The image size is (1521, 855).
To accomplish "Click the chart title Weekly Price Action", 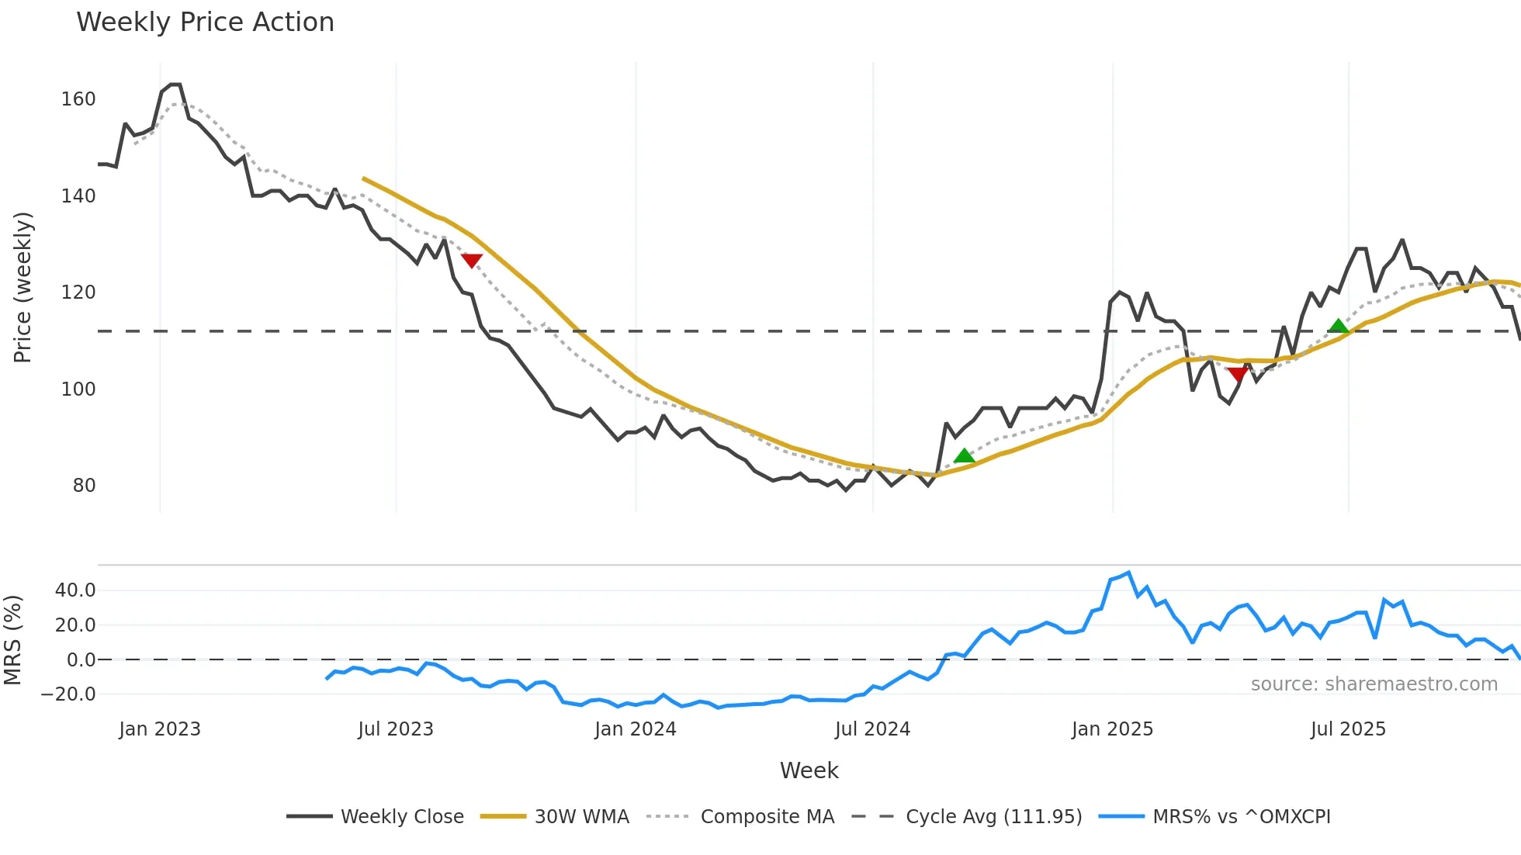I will coord(205,22).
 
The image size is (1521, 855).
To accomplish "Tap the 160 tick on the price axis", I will coord(78,99).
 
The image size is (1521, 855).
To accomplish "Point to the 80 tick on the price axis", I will coord(84,486).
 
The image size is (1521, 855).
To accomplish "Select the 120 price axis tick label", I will coord(78,292).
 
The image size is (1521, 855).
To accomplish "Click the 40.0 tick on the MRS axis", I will coord(75,590).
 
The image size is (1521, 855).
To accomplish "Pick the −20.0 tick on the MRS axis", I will coord(69,694).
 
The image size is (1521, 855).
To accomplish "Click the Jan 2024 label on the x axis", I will coord(636,729).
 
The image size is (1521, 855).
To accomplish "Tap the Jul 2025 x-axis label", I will coord(1348,729).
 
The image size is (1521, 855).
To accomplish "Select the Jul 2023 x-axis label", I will coord(396,729).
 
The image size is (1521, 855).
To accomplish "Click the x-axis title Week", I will coord(809,770).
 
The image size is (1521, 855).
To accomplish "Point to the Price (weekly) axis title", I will coord(23,287).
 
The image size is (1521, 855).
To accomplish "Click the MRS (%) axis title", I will coord(13,640).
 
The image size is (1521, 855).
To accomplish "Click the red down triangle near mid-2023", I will coord(472,260).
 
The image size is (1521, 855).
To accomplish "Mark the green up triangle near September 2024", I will coord(964,455).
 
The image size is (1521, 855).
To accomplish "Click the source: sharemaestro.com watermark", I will coord(1374,684).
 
